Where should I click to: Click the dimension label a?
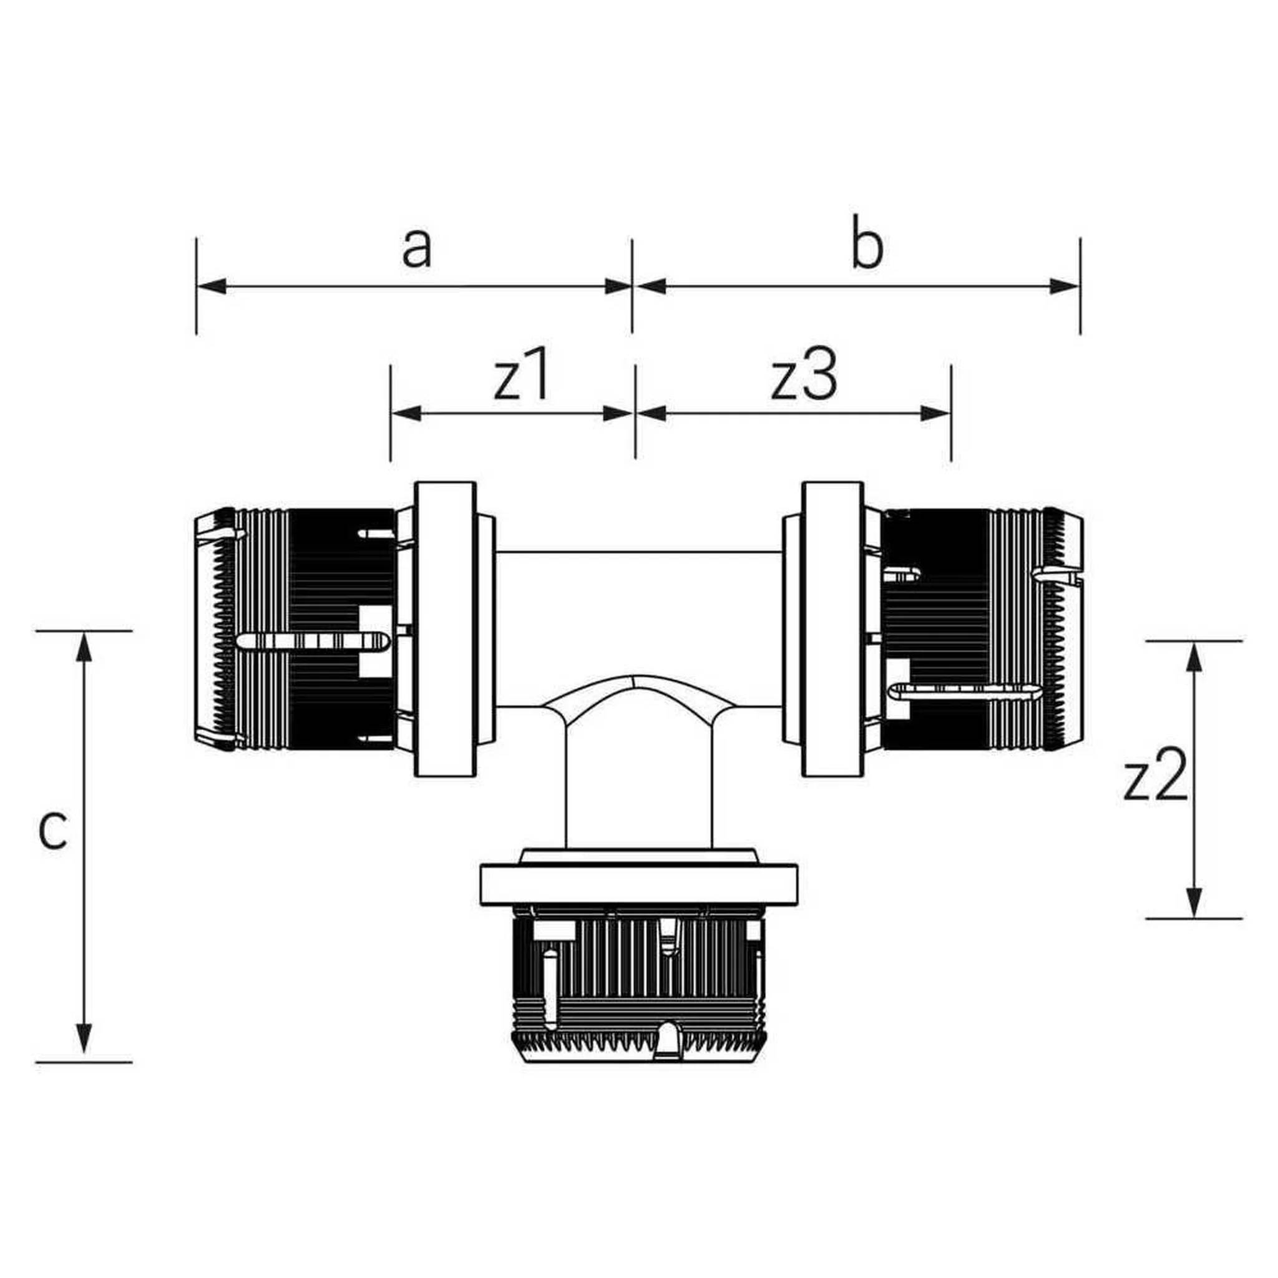(x=417, y=250)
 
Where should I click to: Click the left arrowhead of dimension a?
(x=212, y=286)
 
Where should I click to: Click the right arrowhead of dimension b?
(x=1065, y=286)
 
